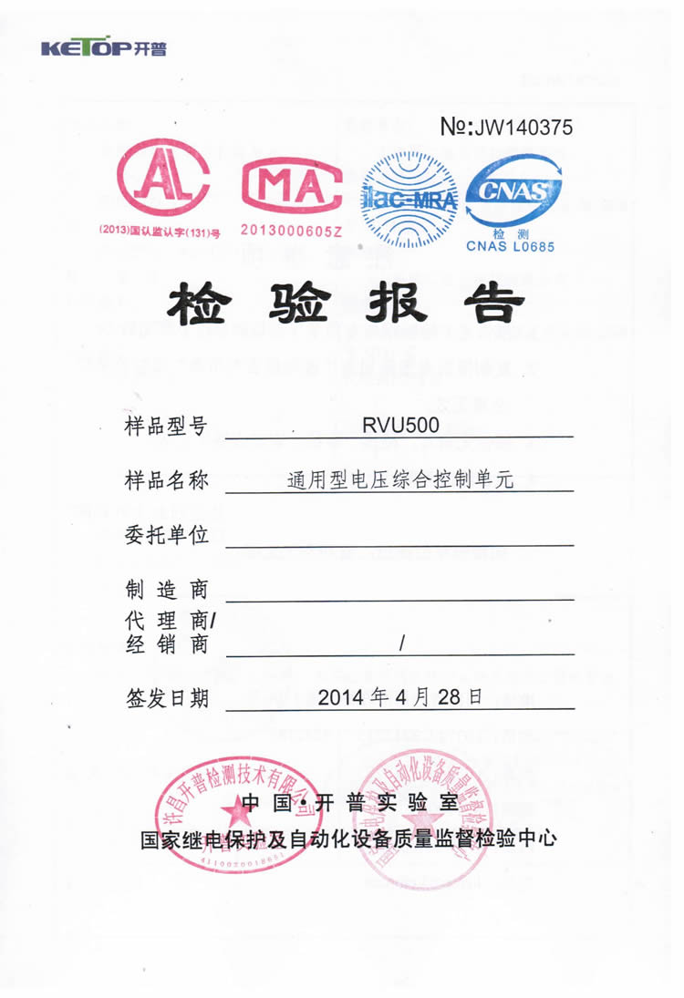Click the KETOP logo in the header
[104, 48]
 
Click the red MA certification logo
[291, 186]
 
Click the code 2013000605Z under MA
[291, 231]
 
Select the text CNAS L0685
[511, 245]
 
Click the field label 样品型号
[166, 427]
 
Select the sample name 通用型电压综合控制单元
[399, 479]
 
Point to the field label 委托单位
[166, 535]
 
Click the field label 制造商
[166, 589]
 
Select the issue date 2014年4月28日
[399, 697]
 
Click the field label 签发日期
[166, 698]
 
